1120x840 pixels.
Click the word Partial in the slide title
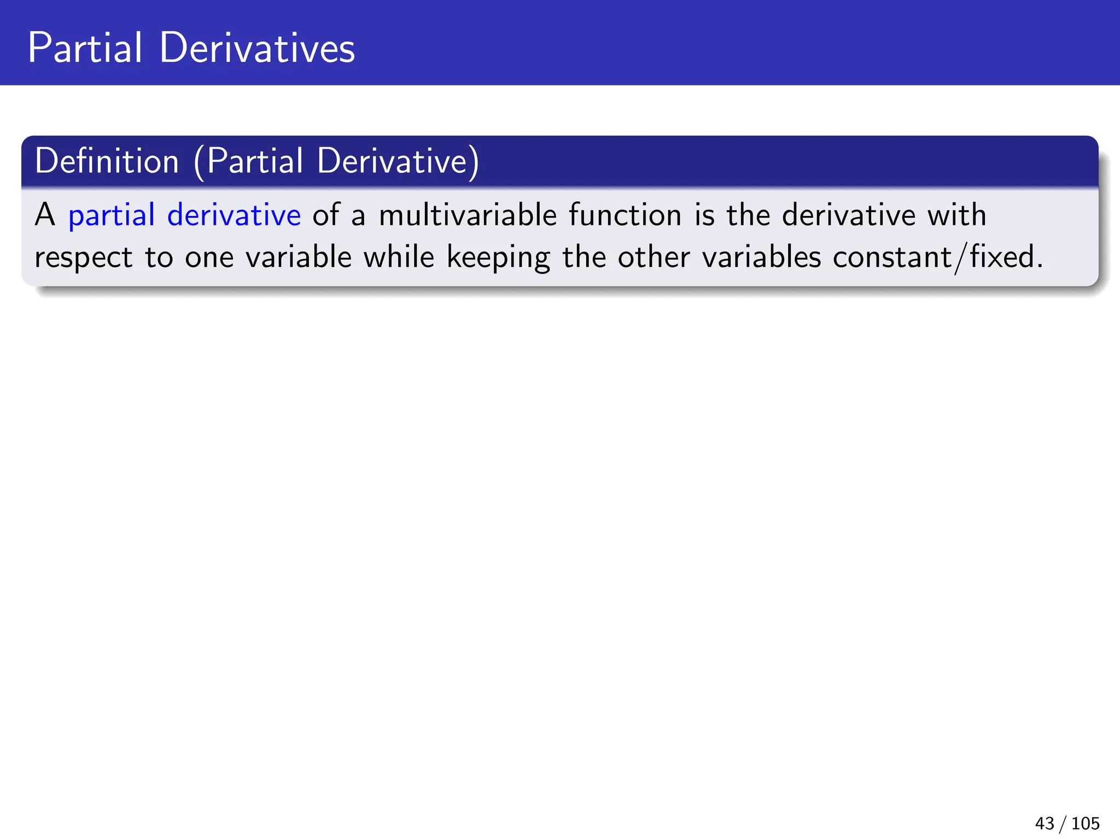click(85, 48)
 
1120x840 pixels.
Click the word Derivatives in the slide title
click(257, 48)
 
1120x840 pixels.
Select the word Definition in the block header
click(107, 161)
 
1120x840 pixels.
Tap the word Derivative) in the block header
click(398, 161)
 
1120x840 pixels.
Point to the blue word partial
click(112, 215)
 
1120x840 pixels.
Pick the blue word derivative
click(234, 214)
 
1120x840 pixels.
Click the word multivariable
click(468, 214)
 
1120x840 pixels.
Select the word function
click(625, 214)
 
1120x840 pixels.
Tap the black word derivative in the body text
click(848, 214)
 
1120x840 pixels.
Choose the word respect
click(83, 258)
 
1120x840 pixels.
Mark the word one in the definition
click(209, 258)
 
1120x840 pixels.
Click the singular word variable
click(299, 257)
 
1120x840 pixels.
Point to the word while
click(399, 257)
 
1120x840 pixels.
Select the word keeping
click(498, 258)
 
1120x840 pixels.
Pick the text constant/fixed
click(938, 257)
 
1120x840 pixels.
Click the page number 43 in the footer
click(1045, 824)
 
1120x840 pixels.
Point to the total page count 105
click(1086, 824)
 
